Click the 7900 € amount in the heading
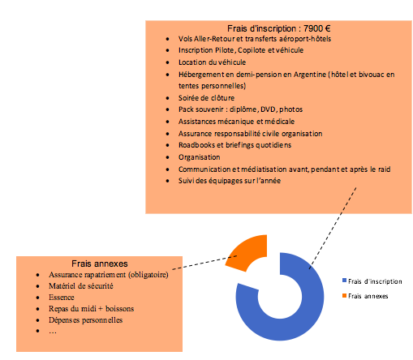pos(316,28)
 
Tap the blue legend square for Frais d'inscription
pos(344,281)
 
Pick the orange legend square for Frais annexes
pos(344,295)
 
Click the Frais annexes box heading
pos(100,264)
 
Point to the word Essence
pos(62,298)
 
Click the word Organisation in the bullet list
pos(199,157)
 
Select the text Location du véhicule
pos(212,62)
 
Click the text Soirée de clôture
pos(206,98)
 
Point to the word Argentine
pos(310,75)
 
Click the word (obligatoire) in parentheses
pos(148,275)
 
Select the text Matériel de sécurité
pos(81,286)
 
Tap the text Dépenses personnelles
pos(85,320)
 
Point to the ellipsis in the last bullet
pos(53,332)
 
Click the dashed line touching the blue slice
pos(333,229)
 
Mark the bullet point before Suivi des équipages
pos(168,181)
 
